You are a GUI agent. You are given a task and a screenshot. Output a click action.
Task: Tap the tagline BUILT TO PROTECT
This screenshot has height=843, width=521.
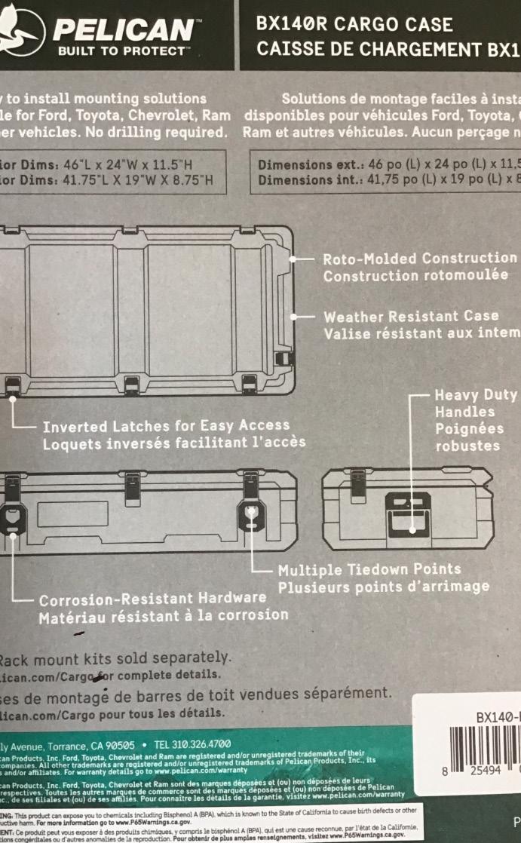(121, 52)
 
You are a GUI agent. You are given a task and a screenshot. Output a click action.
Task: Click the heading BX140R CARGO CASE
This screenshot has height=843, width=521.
(354, 25)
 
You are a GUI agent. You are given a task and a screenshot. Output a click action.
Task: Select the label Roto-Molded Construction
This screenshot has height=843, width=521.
(420, 259)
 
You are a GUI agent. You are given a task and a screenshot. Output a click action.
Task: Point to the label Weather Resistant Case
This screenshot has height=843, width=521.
(411, 316)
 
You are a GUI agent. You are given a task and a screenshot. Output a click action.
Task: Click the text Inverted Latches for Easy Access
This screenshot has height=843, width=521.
(166, 426)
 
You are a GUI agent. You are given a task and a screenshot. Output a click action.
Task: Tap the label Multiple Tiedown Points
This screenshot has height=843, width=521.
(369, 569)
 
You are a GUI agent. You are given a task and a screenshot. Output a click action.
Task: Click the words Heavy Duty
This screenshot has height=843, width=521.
(476, 395)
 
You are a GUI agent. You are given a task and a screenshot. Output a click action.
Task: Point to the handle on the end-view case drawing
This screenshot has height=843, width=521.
(408, 512)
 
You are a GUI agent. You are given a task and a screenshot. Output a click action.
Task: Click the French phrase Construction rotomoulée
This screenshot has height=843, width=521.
(415, 275)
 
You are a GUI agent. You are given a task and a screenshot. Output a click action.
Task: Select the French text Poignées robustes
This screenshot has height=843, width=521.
(467, 437)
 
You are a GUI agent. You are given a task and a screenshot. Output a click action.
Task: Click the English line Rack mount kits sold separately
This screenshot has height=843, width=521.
(114, 658)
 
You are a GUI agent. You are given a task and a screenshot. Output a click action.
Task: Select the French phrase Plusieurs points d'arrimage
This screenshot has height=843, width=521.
(383, 586)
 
